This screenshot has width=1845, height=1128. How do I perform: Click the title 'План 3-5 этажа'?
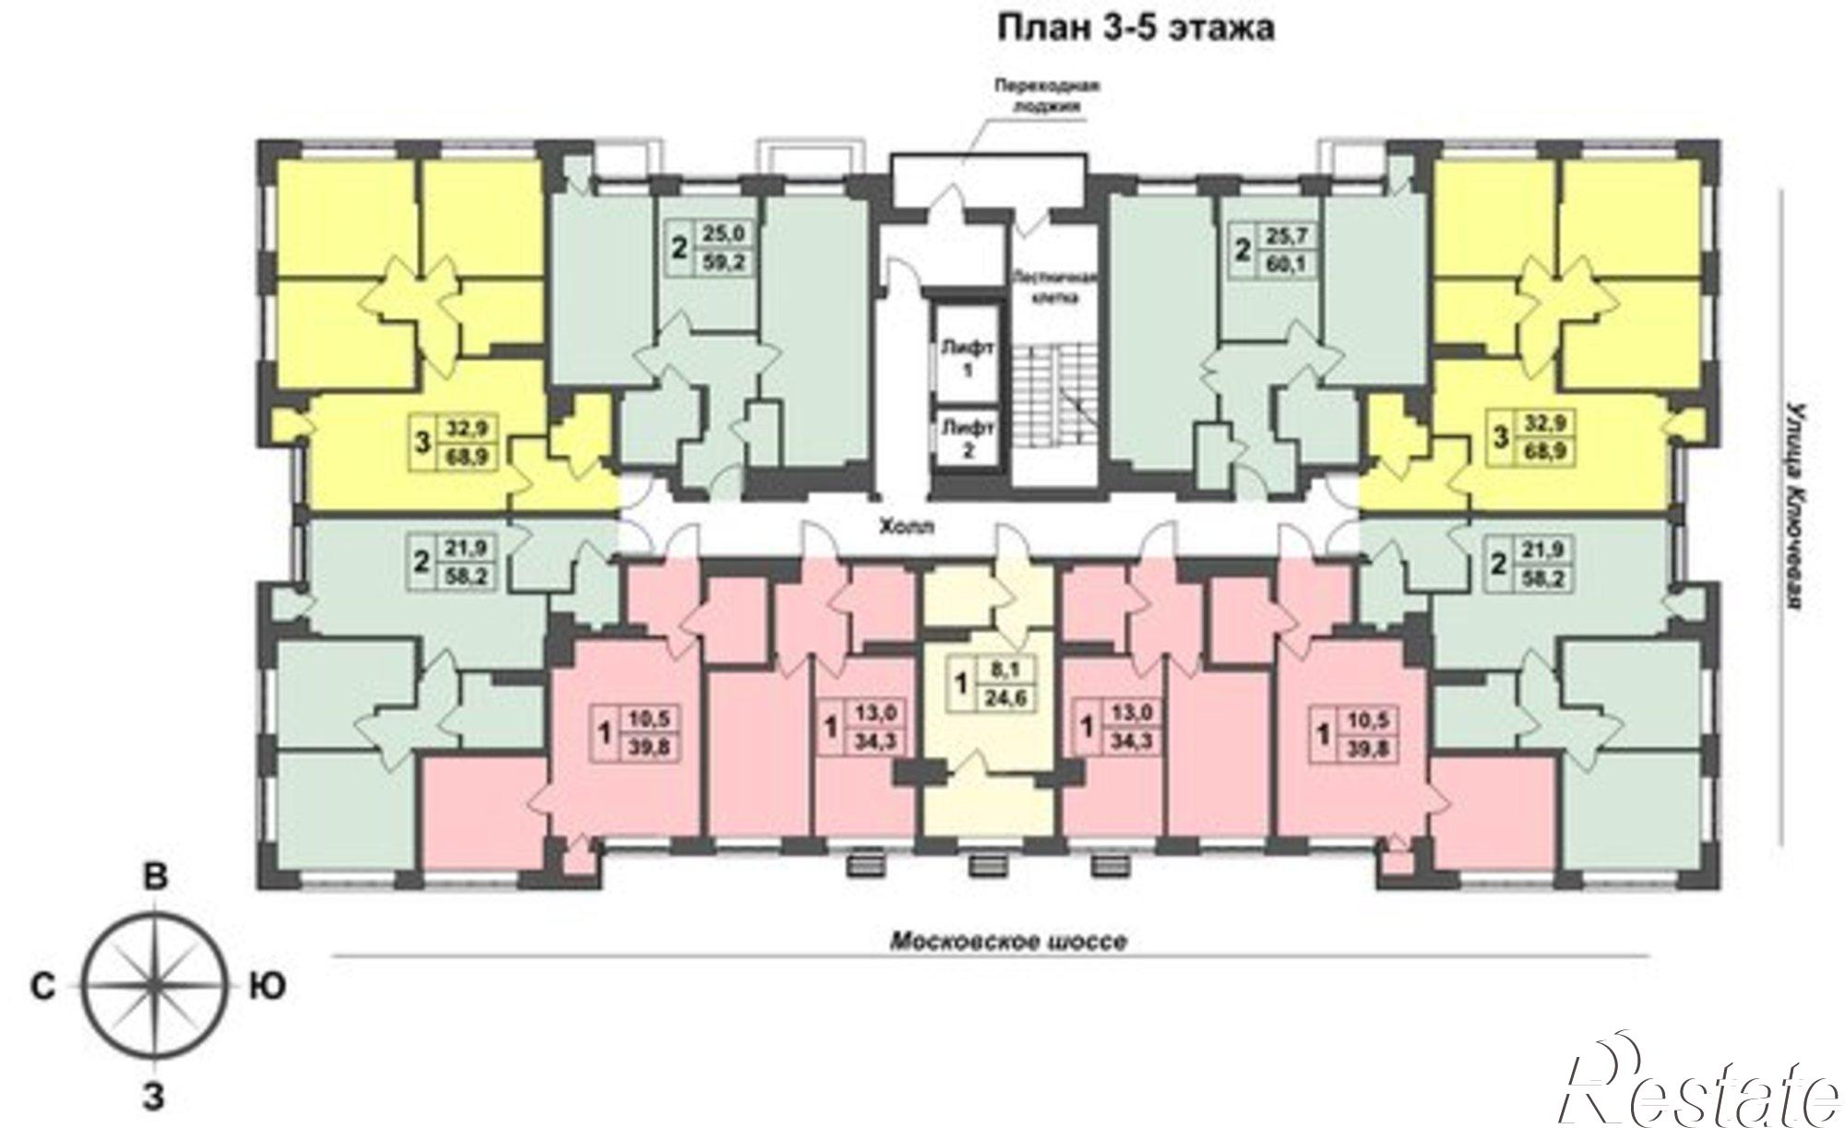(x=1137, y=29)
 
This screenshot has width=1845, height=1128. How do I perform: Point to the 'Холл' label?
(x=908, y=528)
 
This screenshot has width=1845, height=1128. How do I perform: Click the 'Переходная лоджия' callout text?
(x=1049, y=95)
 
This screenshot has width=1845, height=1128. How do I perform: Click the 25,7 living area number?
(x=1286, y=237)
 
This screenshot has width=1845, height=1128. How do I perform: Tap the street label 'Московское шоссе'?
(x=1008, y=942)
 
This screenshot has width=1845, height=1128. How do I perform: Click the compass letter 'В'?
(x=156, y=877)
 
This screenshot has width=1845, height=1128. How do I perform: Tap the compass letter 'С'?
(x=42, y=987)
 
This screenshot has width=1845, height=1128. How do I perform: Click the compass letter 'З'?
(x=154, y=1098)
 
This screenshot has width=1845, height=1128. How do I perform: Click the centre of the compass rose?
(x=153, y=987)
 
